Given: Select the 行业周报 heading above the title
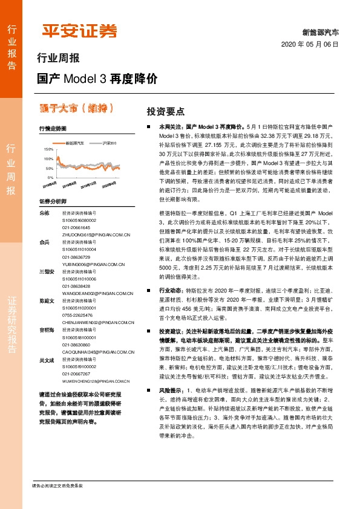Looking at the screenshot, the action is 58,59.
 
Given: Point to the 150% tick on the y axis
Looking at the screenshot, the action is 49,148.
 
